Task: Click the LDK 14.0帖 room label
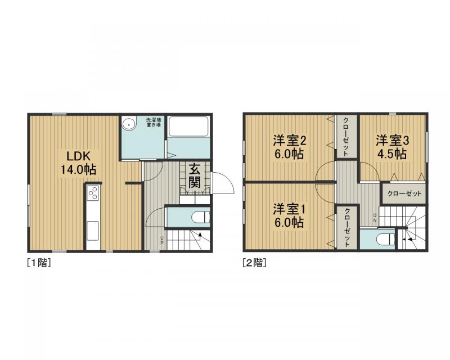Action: pos(78,163)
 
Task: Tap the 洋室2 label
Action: pos(289,141)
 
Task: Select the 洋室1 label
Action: pos(289,209)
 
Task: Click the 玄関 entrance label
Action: pos(195,175)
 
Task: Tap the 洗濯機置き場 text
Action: pos(153,123)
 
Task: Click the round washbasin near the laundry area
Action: pos(129,124)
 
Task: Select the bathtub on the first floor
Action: pos(188,127)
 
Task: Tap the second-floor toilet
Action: pos(386,239)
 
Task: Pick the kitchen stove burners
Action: pos(93,193)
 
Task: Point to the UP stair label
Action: pos(162,240)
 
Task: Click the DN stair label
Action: pos(375,218)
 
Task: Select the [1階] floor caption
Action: pos(39,263)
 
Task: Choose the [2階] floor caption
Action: pos(255,263)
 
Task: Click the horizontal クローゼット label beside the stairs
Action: pos(404,193)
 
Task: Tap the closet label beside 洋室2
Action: pos(346,136)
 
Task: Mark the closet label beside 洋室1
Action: pos(346,227)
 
